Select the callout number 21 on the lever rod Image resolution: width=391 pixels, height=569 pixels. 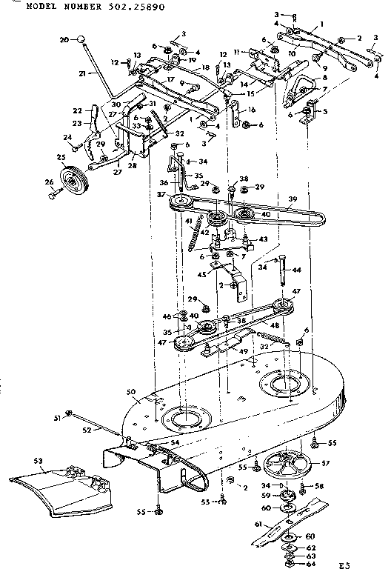click(x=82, y=73)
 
